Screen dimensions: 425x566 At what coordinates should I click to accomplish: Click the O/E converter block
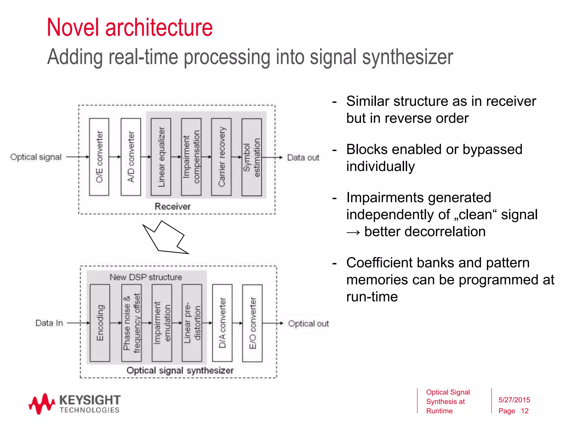click(x=99, y=157)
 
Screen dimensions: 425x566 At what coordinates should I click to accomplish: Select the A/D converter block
click(x=131, y=157)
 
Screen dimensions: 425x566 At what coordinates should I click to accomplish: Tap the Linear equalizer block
click(x=161, y=157)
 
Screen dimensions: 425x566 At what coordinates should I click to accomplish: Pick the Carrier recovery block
click(x=221, y=157)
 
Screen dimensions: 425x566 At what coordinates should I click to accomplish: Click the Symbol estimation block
click(x=251, y=157)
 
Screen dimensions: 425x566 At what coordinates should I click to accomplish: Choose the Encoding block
click(x=100, y=323)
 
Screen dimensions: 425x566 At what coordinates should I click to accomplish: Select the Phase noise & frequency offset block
click(x=132, y=323)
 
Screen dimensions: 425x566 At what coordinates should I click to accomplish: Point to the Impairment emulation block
click(x=162, y=323)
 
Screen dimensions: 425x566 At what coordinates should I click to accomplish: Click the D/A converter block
click(x=222, y=323)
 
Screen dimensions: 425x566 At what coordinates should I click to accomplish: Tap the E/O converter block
click(x=252, y=323)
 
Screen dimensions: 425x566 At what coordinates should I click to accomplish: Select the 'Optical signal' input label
click(x=36, y=157)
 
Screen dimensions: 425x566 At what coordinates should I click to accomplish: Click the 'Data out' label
click(x=303, y=158)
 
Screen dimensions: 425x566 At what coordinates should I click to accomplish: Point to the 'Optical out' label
click(x=308, y=324)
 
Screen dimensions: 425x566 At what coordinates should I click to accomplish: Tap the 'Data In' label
click(x=49, y=323)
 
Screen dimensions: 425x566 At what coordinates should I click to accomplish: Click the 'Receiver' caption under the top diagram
click(x=172, y=206)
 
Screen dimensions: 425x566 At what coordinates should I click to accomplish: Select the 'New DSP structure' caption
click(x=146, y=277)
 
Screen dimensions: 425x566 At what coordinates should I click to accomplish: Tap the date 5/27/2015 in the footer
click(x=514, y=400)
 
